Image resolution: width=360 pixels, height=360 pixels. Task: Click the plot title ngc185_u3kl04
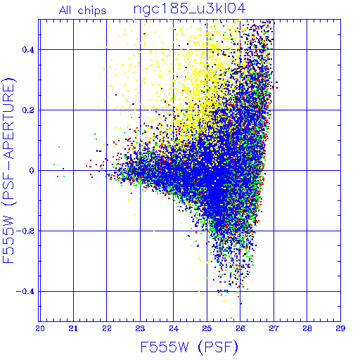coord(189,9)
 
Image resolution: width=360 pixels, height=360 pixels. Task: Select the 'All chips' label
coord(83,11)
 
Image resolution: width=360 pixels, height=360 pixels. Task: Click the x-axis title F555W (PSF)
coord(189,347)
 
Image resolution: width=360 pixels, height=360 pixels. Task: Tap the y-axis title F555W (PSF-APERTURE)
coord(9,171)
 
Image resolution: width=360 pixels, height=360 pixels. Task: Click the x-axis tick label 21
coord(73,328)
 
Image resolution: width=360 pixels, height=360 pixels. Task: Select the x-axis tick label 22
coord(107,328)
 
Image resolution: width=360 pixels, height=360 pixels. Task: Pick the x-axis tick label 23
coord(140,328)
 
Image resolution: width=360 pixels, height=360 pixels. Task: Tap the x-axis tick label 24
coord(174,328)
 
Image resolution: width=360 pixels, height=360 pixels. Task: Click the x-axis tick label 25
coord(207,328)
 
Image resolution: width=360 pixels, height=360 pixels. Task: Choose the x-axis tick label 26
coord(240,328)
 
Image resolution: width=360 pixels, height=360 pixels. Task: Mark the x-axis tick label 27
coord(274,328)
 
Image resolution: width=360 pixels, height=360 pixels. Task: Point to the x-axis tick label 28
coord(307,328)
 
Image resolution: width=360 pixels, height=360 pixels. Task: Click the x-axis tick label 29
coord(340,328)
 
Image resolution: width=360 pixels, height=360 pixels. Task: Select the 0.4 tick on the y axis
coord(28,50)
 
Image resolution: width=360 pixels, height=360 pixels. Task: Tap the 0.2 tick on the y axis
coord(28,110)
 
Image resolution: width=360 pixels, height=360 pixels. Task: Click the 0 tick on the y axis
coord(32,171)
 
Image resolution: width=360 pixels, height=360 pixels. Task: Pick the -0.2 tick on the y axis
coord(25,231)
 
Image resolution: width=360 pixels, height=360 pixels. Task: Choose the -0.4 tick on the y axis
coord(25,292)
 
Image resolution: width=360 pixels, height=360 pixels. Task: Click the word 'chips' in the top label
coord(92,11)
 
